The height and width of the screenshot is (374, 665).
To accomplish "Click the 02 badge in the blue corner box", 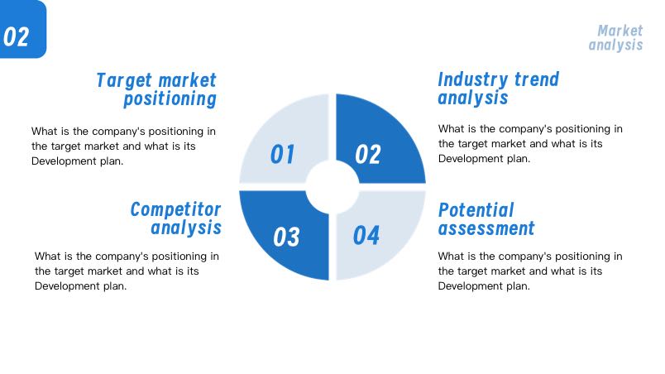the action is point(16,36).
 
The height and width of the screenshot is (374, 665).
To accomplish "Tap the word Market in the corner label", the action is point(620,31).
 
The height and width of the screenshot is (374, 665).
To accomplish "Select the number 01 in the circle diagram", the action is point(282,154).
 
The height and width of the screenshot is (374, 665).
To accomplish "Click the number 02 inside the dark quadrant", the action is point(368,154).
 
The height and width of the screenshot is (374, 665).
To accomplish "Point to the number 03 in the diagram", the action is point(286,237).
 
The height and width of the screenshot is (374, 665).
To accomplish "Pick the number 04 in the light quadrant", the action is point(366,235).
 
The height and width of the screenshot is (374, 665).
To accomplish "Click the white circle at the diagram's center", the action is point(332,187).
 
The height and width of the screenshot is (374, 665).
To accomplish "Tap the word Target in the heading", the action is point(124,80).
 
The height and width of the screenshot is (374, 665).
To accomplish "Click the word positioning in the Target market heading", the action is point(170,99).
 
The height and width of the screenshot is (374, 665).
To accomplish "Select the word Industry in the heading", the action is point(473,79).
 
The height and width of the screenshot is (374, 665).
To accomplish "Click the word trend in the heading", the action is point(537,79).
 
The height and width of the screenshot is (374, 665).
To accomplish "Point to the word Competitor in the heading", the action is point(175,209).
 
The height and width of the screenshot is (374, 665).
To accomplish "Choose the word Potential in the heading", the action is point(476,210).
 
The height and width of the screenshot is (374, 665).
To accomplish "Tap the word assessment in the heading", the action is point(486,228).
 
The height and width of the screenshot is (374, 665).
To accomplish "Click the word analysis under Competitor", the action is point(186,228).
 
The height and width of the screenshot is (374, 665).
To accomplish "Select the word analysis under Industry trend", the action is point(473,98).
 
